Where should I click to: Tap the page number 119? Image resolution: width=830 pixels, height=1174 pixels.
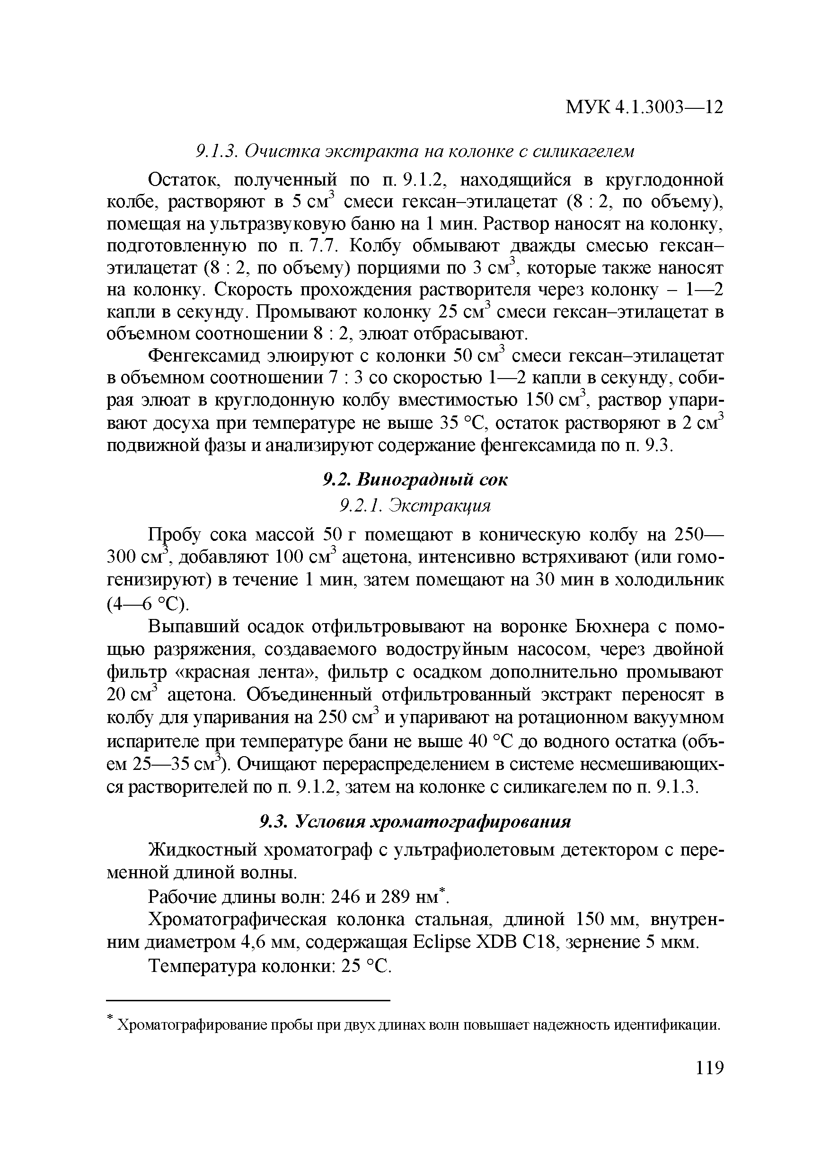click(x=710, y=1068)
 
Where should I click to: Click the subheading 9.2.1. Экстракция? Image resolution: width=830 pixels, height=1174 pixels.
click(x=415, y=506)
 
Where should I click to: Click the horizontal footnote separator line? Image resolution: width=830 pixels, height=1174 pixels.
click(x=248, y=1001)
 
